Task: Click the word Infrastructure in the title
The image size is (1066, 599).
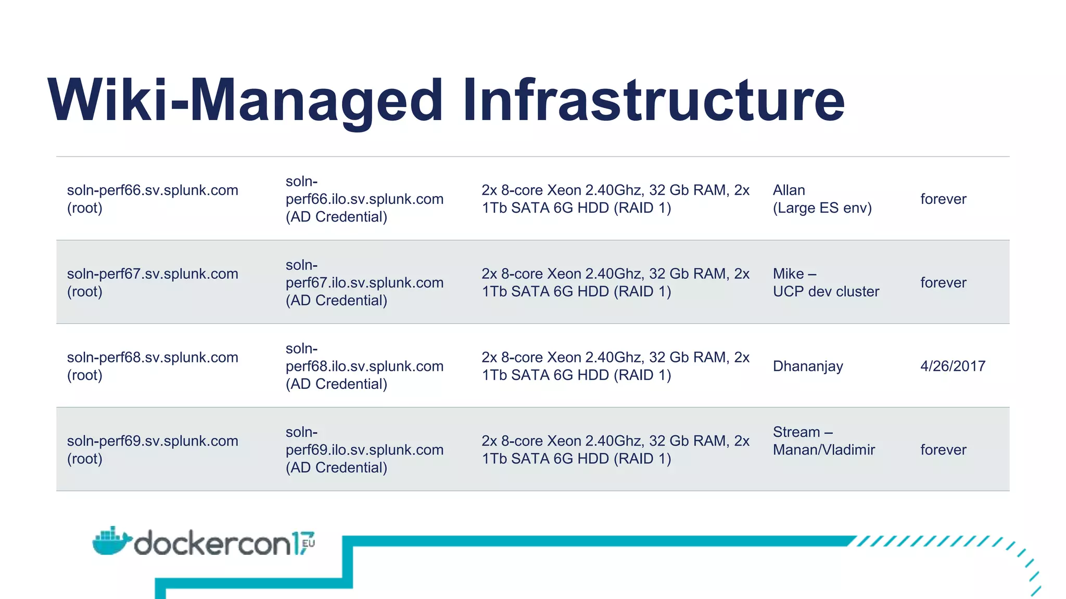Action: click(x=654, y=100)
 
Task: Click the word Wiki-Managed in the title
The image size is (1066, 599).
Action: click(x=245, y=100)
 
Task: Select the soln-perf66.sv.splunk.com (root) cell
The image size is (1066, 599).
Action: click(x=153, y=199)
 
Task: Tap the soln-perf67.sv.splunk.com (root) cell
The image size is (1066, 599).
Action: click(x=153, y=283)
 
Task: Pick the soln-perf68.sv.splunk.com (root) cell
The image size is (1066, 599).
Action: click(x=153, y=366)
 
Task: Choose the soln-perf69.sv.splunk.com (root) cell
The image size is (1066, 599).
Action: click(x=153, y=450)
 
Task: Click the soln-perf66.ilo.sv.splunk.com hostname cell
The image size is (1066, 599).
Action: click(x=364, y=199)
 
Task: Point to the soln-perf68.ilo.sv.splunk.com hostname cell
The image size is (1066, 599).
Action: click(x=364, y=366)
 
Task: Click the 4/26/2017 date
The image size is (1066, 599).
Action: click(x=953, y=366)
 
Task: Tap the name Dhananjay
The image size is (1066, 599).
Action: click(x=808, y=366)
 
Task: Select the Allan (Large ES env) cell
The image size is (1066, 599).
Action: click(x=822, y=199)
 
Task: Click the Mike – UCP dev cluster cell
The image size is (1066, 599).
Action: click(x=826, y=283)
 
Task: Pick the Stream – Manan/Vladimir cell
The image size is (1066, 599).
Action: click(x=823, y=441)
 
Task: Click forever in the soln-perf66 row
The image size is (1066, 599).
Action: click(x=943, y=199)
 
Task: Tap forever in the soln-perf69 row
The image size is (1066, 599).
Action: click(x=943, y=450)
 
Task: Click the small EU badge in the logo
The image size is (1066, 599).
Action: click(x=308, y=543)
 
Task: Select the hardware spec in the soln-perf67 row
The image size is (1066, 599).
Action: click(x=615, y=283)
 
